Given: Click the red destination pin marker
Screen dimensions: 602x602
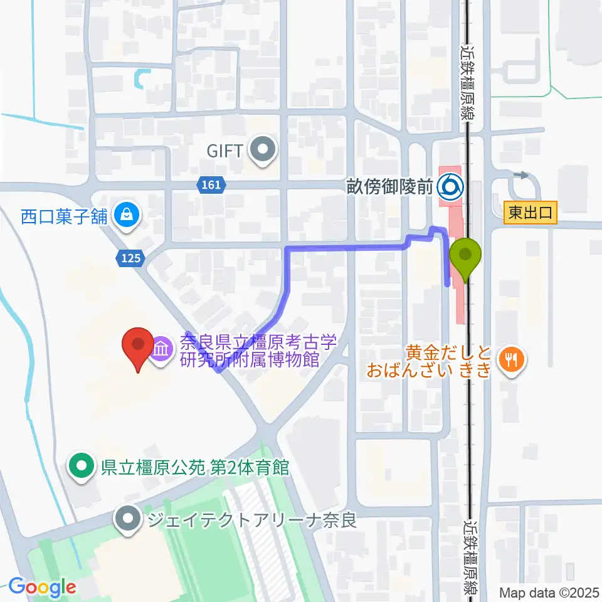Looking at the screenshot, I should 137,347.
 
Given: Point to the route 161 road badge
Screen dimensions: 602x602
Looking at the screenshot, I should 211,185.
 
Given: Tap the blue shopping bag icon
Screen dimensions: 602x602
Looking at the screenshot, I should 127,216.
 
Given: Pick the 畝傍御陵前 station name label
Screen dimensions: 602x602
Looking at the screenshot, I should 390,186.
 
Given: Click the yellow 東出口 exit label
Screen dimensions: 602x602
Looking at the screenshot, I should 531,213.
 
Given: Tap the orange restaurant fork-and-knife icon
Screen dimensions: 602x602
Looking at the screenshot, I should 512,359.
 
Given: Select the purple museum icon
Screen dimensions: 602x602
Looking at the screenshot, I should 161,347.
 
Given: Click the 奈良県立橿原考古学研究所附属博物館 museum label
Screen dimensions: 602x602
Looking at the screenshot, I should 258,351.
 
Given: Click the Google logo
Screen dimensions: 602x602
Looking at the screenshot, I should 42,588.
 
